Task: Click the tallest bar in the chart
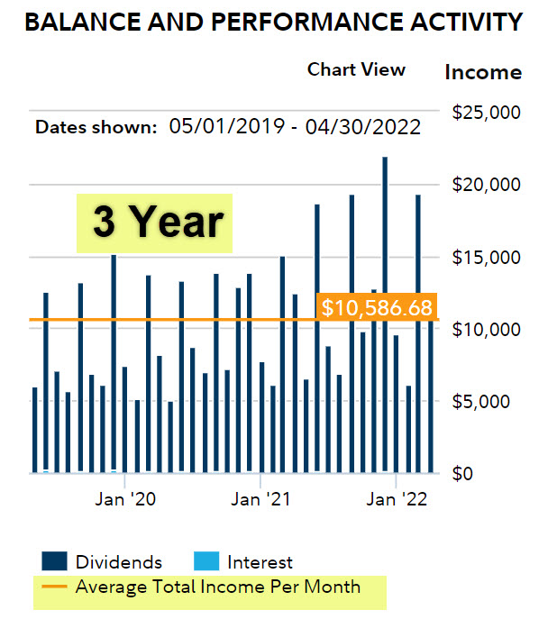tap(385, 315)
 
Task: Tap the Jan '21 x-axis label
tap(260, 500)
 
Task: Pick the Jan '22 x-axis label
tap(397, 500)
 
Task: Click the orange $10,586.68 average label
tap(376, 307)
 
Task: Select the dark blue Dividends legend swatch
tap(54, 563)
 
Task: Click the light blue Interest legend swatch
tap(205, 563)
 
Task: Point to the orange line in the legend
tap(54, 587)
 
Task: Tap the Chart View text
tap(356, 69)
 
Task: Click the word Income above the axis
tap(484, 72)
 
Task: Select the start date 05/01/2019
tap(219, 127)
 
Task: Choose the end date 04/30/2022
tap(364, 127)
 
